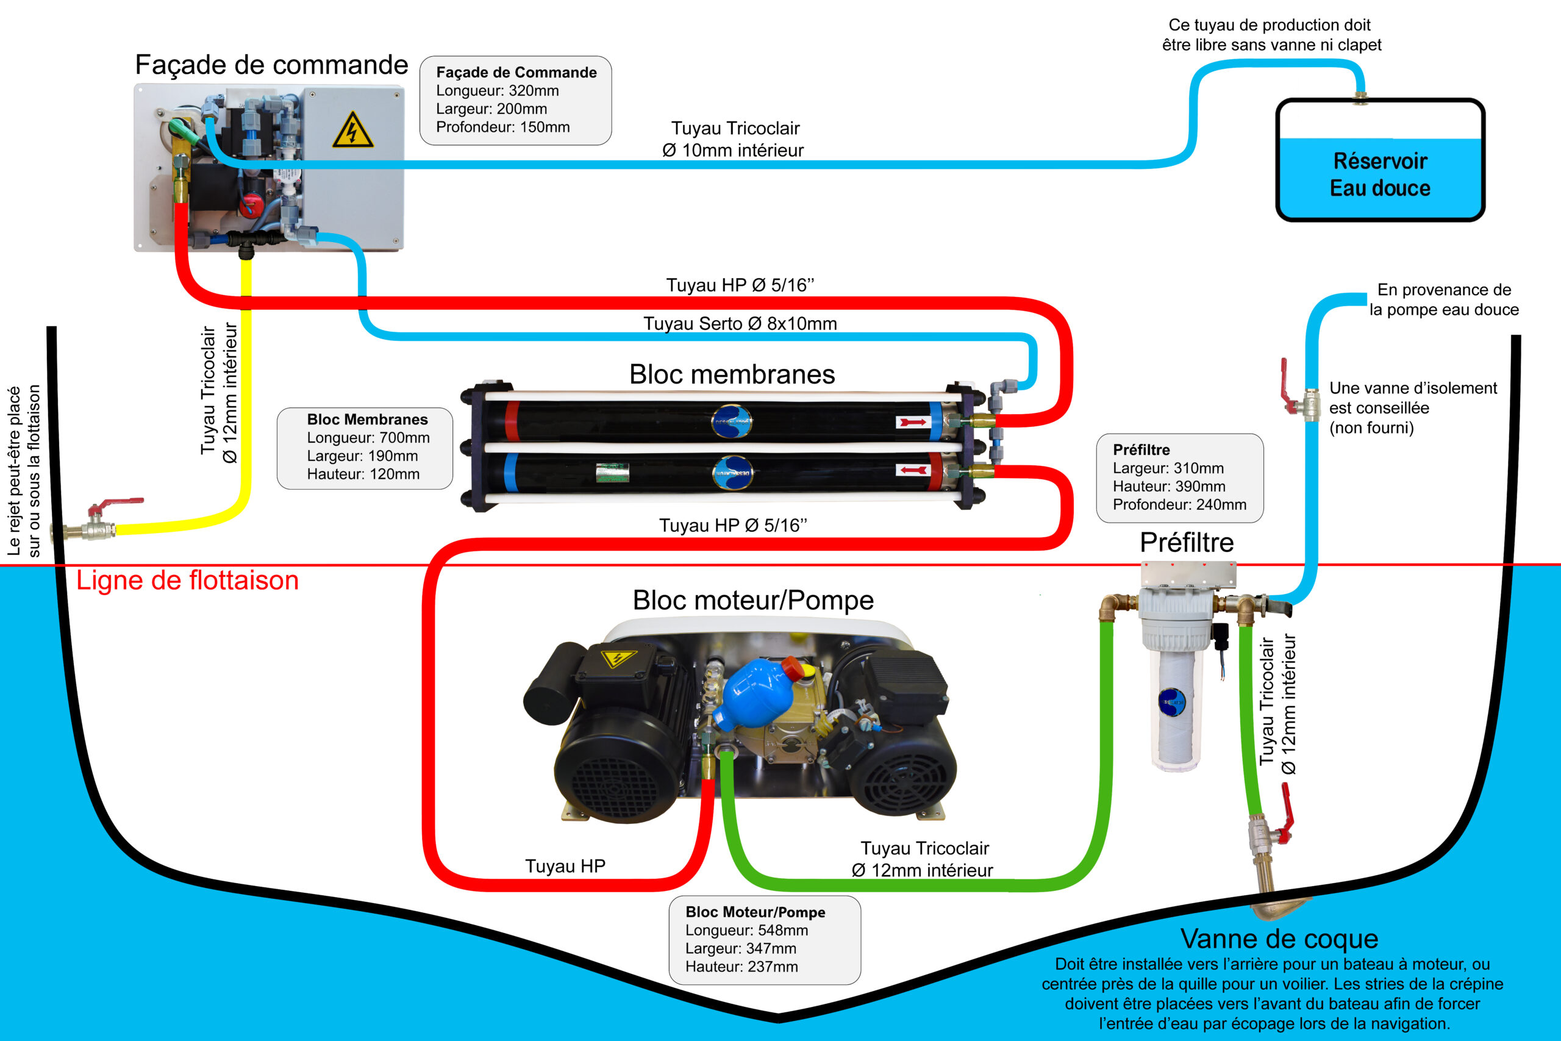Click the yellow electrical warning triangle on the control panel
pyautogui.click(x=352, y=129)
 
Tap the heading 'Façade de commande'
pyautogui.click(x=271, y=65)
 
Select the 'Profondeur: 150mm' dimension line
pyautogui.click(x=502, y=127)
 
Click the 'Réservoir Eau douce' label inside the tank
pyautogui.click(x=1380, y=174)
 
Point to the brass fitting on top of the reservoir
pyautogui.click(x=1360, y=98)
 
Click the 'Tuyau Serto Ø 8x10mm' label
pyautogui.click(x=740, y=323)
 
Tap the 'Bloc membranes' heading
pyautogui.click(x=732, y=374)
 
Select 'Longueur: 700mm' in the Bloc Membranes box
pyautogui.click(x=368, y=437)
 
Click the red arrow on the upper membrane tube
pyautogui.click(x=913, y=422)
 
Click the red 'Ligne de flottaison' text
pyautogui.click(x=187, y=580)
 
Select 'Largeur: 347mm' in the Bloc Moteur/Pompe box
pyautogui.click(x=741, y=948)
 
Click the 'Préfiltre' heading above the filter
pyautogui.click(x=1187, y=542)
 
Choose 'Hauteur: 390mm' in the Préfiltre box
pyautogui.click(x=1169, y=486)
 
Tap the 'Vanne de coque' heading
pyautogui.click(x=1279, y=939)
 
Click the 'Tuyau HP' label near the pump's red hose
pyautogui.click(x=565, y=866)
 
